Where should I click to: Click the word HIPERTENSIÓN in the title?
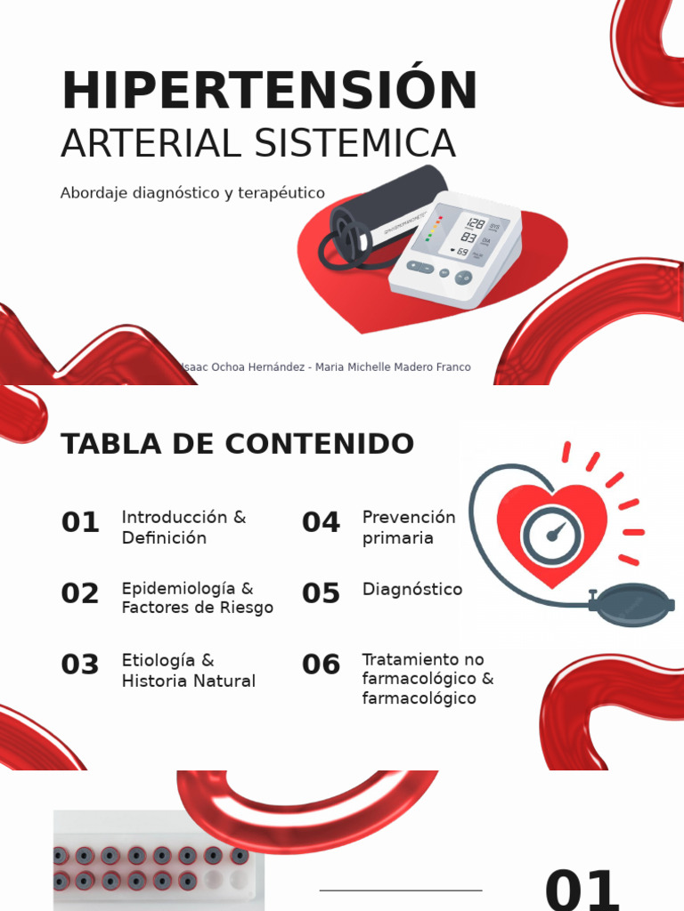[269, 92]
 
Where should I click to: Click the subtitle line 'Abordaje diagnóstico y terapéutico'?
[192, 193]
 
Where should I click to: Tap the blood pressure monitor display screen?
[462, 236]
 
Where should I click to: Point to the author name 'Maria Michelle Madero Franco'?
[395, 367]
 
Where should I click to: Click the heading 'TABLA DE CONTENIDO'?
[237, 444]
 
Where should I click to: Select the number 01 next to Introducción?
[80, 523]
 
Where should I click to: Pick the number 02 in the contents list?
[80, 594]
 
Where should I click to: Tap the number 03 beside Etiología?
[80, 665]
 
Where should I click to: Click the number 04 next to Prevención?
[321, 523]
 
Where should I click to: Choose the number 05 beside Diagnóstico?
[321, 594]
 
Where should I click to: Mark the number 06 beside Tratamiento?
[321, 665]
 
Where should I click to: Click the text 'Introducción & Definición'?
[183, 528]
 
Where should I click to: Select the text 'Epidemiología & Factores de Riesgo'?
[197, 599]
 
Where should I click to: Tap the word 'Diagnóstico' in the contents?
[412, 590]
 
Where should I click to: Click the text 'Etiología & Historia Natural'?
[188, 671]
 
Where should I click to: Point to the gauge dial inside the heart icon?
[552, 536]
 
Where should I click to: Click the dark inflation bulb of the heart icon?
[632, 605]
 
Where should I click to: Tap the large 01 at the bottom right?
[582, 890]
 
